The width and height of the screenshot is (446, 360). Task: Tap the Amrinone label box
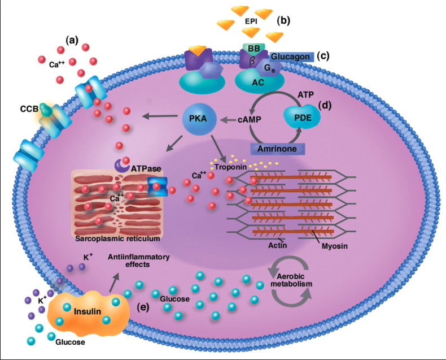[x=277, y=148]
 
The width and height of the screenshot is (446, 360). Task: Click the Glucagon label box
[x=290, y=56]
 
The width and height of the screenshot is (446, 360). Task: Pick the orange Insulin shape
[x=84, y=311]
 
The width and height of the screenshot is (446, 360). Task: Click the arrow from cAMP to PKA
[x=227, y=120]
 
